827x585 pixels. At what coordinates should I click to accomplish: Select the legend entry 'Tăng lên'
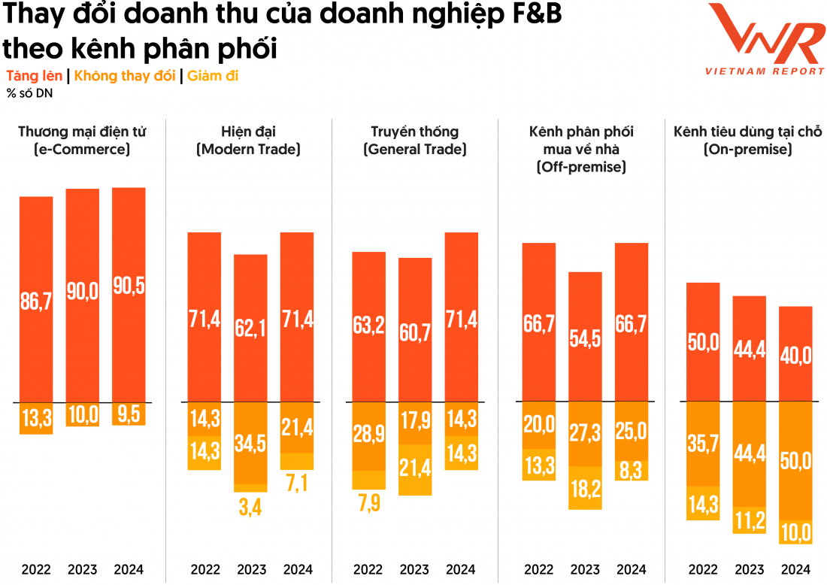[x=35, y=76]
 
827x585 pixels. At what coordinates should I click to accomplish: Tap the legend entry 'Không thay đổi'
[x=124, y=76]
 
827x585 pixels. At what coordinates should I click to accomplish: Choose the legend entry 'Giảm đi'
[x=213, y=76]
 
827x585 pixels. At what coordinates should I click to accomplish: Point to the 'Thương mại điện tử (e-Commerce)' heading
[x=82, y=141]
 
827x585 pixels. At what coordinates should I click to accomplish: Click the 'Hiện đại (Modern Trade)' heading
[x=248, y=141]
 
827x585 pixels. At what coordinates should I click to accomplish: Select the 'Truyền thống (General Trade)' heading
[x=415, y=141]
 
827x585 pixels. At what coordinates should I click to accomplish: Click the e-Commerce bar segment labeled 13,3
[x=36, y=418]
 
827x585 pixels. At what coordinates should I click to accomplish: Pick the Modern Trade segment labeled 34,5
[x=250, y=443]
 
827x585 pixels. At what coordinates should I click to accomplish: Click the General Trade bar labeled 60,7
[x=415, y=329]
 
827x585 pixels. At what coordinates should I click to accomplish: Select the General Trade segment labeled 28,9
[x=368, y=436]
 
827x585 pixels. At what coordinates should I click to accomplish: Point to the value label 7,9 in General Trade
[x=368, y=502]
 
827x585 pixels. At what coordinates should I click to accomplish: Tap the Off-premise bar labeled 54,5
[x=585, y=336]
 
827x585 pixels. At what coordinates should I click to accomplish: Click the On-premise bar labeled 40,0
[x=795, y=353]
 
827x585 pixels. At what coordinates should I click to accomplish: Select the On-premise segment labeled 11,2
[x=749, y=520]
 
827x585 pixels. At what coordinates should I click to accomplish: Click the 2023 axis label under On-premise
[x=749, y=569]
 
